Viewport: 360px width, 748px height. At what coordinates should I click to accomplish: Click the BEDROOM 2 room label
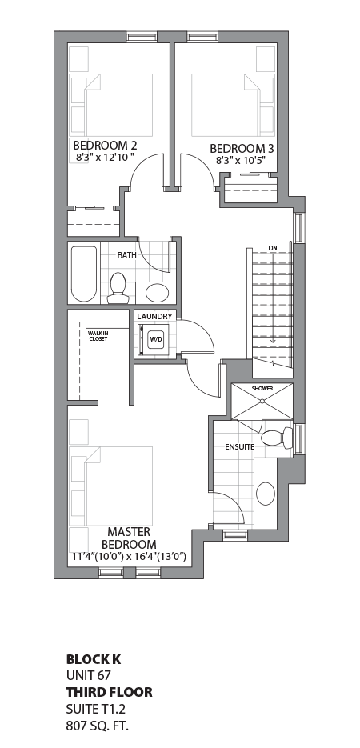point(106,146)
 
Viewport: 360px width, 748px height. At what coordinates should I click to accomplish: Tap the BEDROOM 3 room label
point(242,148)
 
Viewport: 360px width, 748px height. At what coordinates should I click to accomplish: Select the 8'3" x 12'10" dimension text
point(106,158)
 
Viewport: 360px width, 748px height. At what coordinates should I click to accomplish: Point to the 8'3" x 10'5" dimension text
point(242,161)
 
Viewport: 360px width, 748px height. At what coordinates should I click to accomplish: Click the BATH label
point(126,255)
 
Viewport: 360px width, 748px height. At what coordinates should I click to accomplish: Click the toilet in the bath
point(118,286)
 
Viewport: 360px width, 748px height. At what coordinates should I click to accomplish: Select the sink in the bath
point(157,291)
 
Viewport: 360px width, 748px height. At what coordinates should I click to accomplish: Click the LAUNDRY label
point(154,317)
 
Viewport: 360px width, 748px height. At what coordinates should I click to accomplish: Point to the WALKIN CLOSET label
point(98,336)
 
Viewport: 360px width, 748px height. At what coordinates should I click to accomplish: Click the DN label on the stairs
point(273,247)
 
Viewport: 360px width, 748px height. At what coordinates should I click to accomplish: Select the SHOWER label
point(262,389)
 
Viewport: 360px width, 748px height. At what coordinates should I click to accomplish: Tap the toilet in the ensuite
point(274,438)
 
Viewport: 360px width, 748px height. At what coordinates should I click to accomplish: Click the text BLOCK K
point(93,660)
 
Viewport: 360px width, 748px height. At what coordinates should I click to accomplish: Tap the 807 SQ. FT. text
point(97,726)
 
